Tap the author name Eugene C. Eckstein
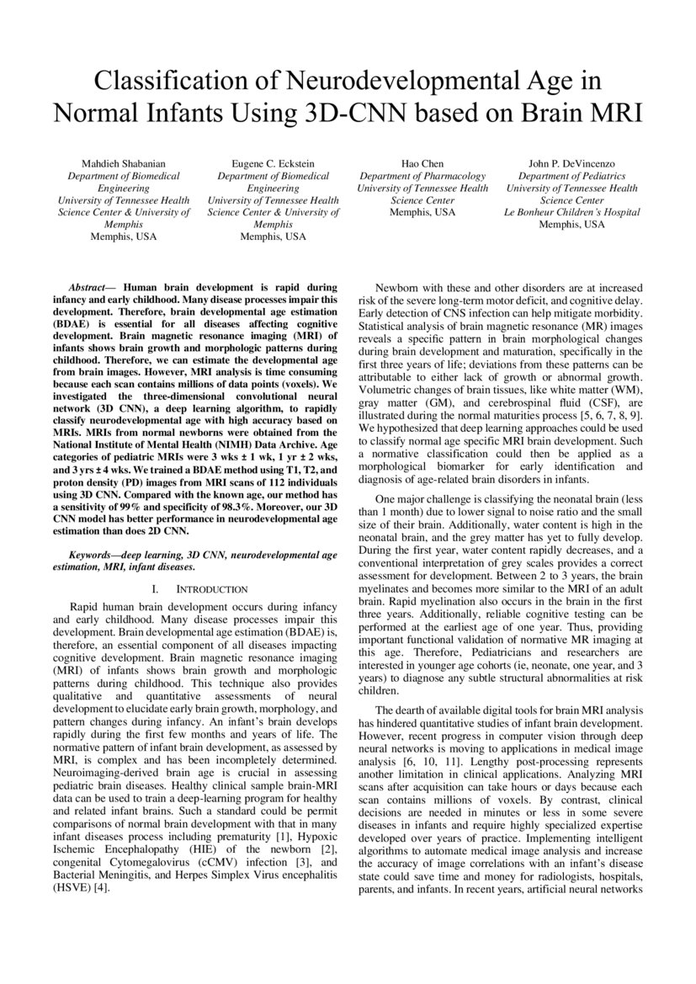(x=274, y=162)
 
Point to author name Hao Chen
(x=422, y=162)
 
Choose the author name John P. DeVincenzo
(x=571, y=162)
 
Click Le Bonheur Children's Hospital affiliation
(x=571, y=212)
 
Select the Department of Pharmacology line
(x=422, y=176)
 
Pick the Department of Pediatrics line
(x=571, y=176)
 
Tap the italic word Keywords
(x=93, y=555)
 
